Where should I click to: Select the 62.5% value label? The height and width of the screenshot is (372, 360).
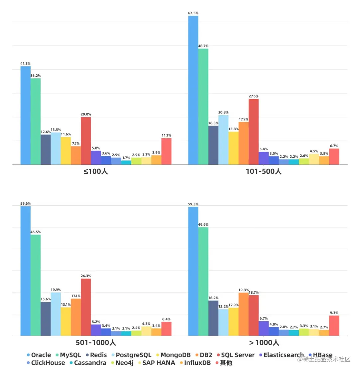193,13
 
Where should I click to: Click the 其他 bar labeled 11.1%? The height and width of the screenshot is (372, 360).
167,151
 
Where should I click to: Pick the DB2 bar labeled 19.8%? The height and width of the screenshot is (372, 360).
243,314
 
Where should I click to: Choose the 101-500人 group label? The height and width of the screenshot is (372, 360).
264,172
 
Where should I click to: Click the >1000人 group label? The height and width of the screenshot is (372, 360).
264,343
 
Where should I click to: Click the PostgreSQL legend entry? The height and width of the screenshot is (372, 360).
131,355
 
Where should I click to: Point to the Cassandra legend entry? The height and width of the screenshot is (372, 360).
87,363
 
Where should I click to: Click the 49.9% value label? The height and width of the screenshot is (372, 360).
203,225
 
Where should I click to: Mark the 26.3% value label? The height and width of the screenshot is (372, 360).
86,276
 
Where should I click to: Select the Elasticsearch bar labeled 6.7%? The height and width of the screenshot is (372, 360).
264,328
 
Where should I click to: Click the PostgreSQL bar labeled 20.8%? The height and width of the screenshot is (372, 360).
223,139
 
